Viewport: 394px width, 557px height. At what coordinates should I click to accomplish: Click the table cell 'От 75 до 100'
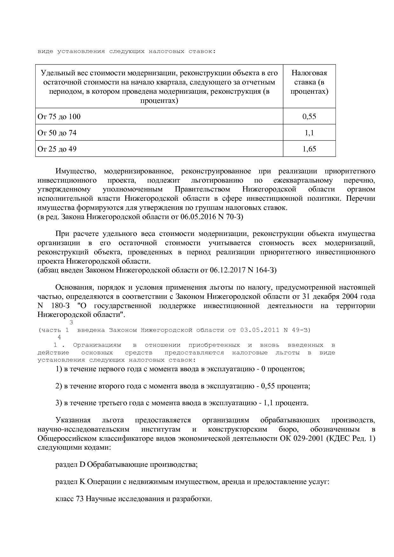59,117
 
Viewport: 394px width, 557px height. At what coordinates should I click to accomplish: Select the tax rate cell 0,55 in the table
309,117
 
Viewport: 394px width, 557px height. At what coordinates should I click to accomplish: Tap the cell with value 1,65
309,149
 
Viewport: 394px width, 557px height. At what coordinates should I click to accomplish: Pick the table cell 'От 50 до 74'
57,133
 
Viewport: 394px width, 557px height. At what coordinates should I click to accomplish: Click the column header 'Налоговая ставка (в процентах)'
309,82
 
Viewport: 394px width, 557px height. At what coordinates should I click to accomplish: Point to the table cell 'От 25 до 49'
57,149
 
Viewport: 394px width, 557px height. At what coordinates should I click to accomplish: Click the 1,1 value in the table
309,133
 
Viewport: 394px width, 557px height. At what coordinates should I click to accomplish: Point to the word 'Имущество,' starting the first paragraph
76,171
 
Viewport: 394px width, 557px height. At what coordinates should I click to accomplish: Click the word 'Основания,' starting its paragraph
75,288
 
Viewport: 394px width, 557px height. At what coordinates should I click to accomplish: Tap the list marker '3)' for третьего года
59,403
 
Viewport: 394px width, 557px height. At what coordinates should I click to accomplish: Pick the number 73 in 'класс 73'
80,499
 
